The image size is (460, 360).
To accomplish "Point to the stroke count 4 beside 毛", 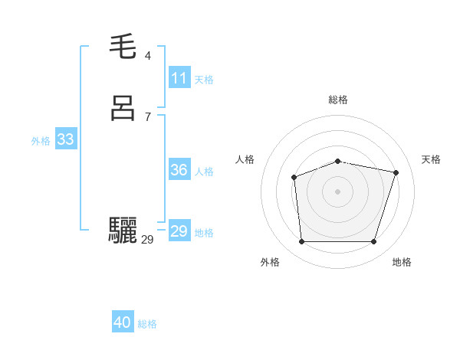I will [x=148, y=56].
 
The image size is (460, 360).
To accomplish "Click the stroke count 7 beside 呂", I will [x=148, y=116].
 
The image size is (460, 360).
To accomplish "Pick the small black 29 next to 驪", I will [x=147, y=239].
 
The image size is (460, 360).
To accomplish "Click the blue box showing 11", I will [x=179, y=78].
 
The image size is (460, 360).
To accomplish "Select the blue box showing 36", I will [x=179, y=170].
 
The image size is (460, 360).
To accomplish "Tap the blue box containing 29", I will [x=179, y=231].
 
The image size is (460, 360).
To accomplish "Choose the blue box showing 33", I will [x=65, y=139].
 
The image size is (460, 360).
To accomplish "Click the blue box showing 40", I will [x=123, y=323].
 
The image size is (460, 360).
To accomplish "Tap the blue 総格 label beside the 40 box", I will [x=147, y=324].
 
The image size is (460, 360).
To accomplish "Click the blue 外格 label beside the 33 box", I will [x=41, y=140].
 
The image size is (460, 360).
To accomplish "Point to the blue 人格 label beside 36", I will [x=205, y=171].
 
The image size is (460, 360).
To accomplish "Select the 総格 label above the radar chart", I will [x=338, y=100].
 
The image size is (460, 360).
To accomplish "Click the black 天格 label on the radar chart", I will [x=431, y=159].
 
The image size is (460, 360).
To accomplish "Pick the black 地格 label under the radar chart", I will [x=402, y=262].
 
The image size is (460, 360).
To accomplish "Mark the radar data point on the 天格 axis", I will [x=396, y=172].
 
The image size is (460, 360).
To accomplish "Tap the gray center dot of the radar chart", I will [x=338, y=191].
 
